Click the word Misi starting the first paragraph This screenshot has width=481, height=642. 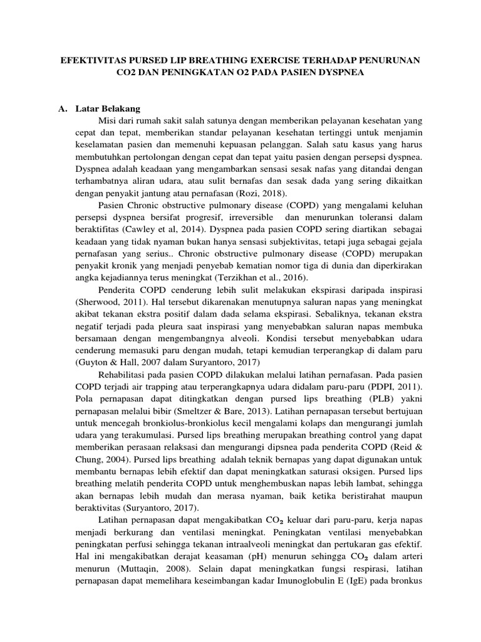pyautogui.click(x=108, y=121)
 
